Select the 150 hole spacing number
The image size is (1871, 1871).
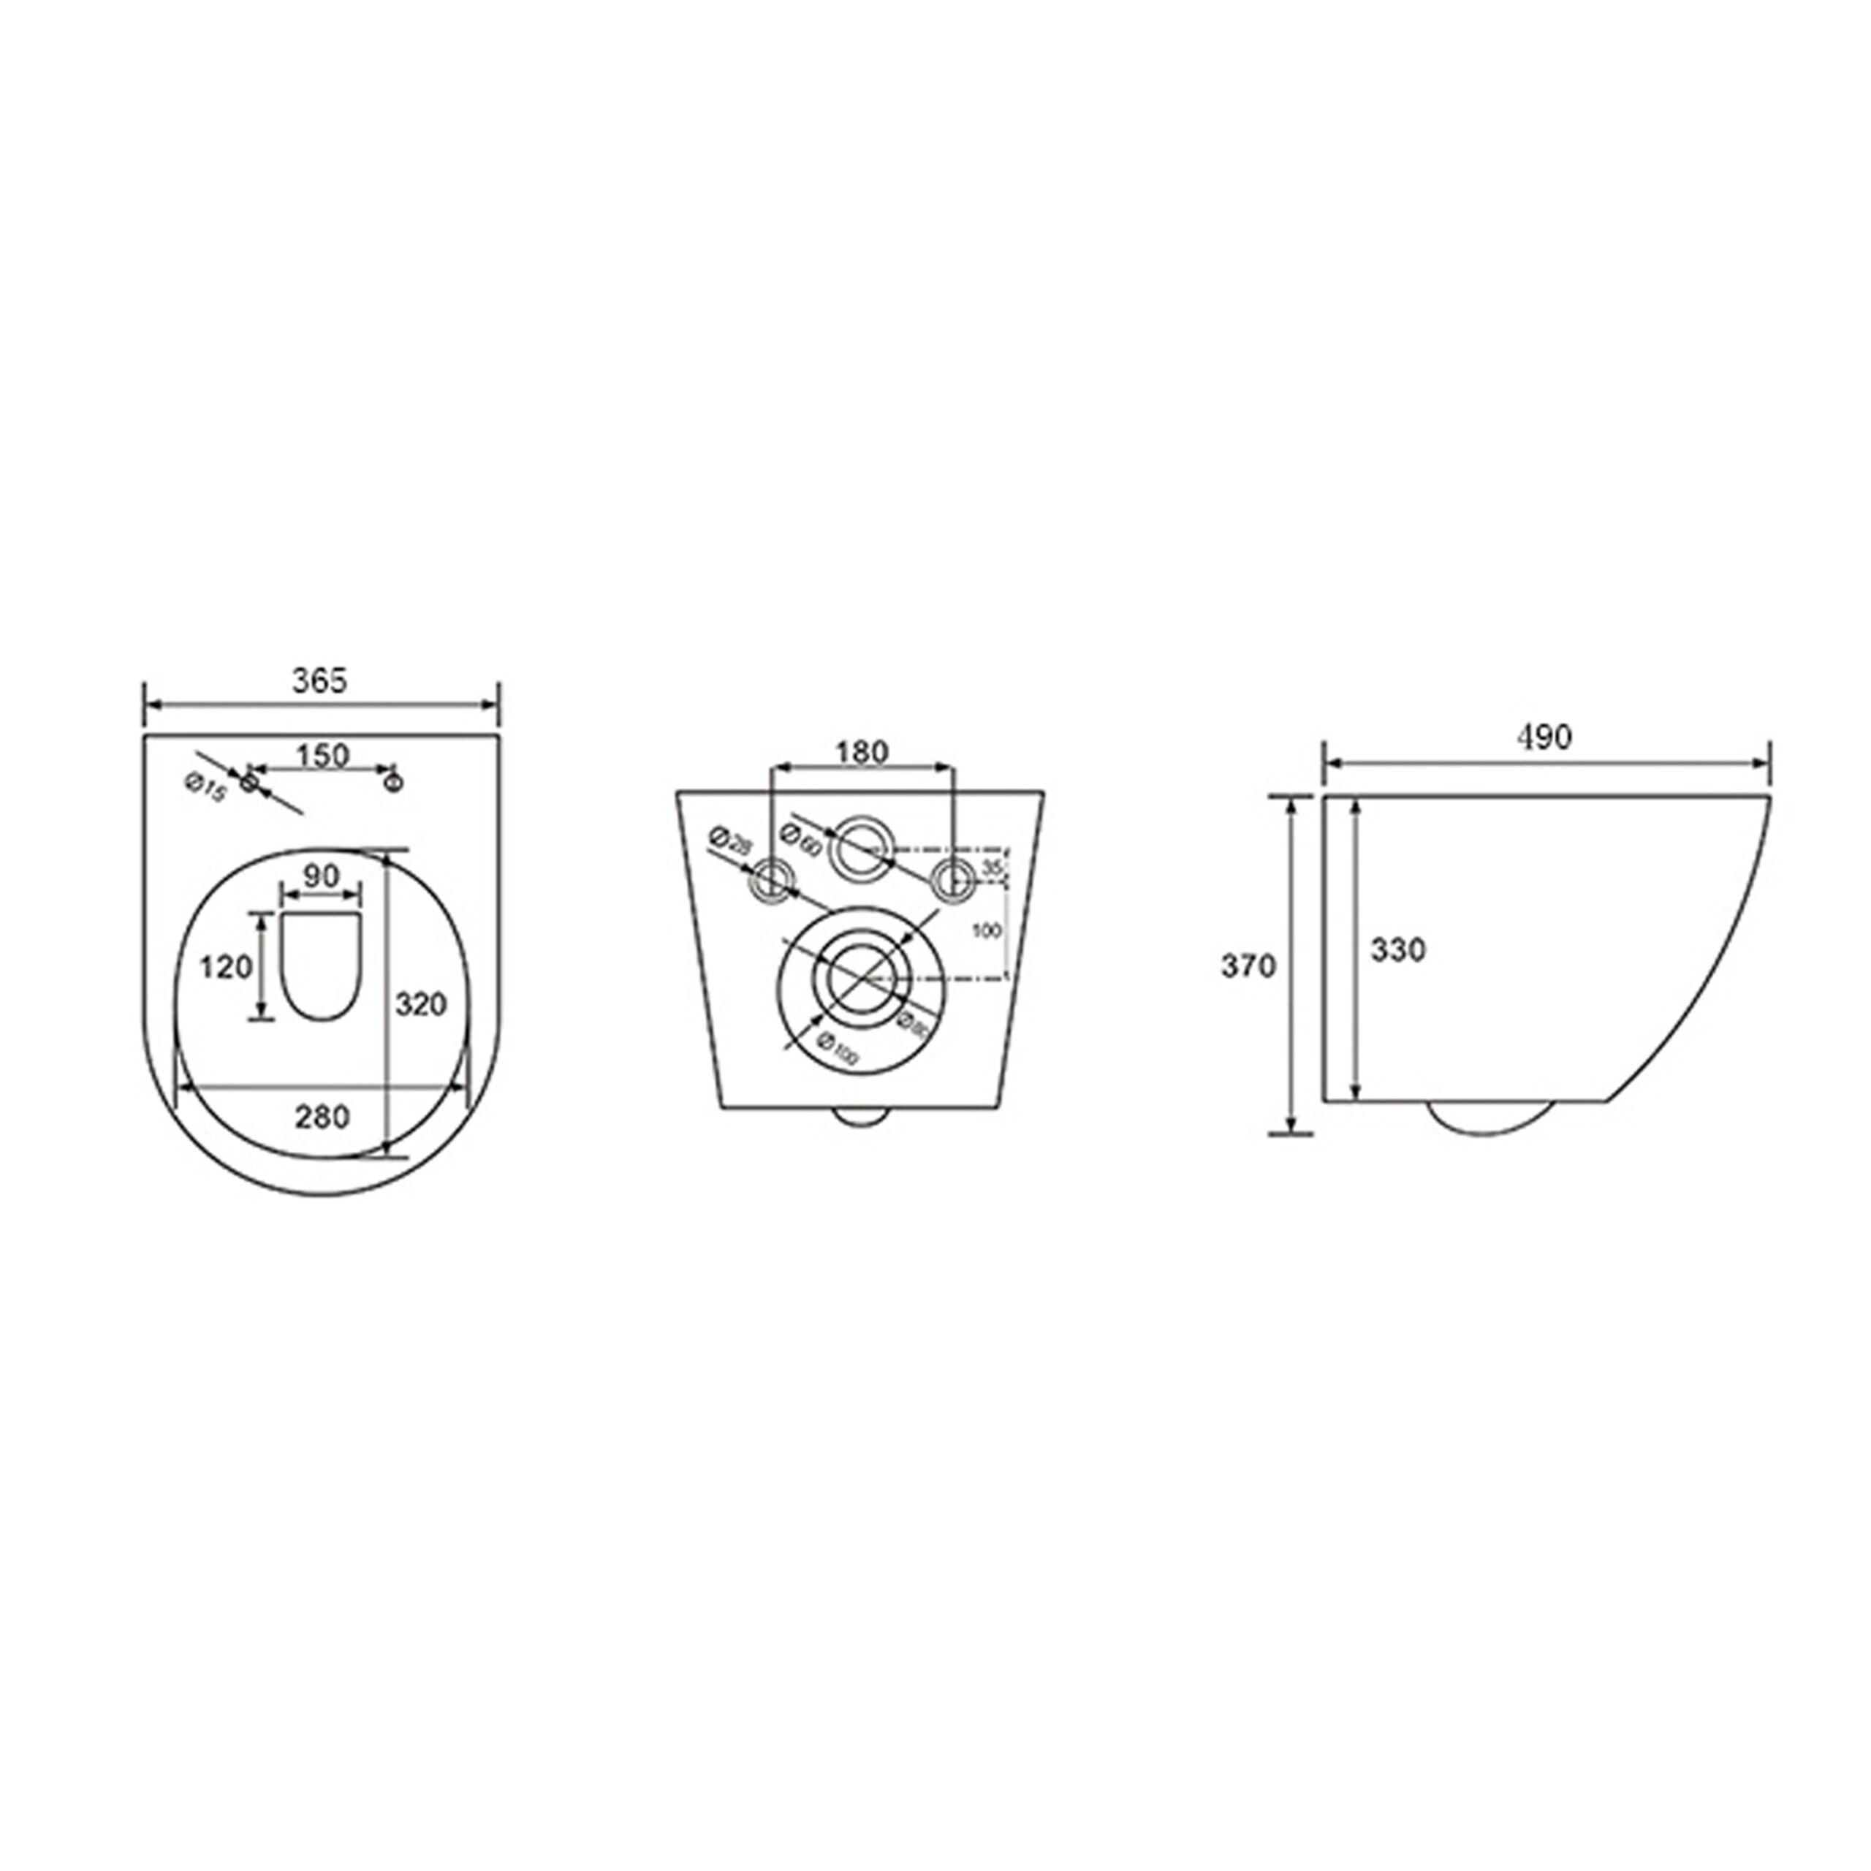point(322,756)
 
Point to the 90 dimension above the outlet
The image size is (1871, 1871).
point(322,876)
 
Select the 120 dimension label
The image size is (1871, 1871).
point(226,965)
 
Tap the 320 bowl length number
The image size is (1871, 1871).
point(421,1004)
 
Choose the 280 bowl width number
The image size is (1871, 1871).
point(322,1117)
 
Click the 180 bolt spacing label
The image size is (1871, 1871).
point(862,751)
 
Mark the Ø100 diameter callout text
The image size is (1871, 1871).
point(838,1049)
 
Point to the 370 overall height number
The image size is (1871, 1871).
point(1248,965)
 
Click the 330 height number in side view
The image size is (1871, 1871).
point(1397,950)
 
